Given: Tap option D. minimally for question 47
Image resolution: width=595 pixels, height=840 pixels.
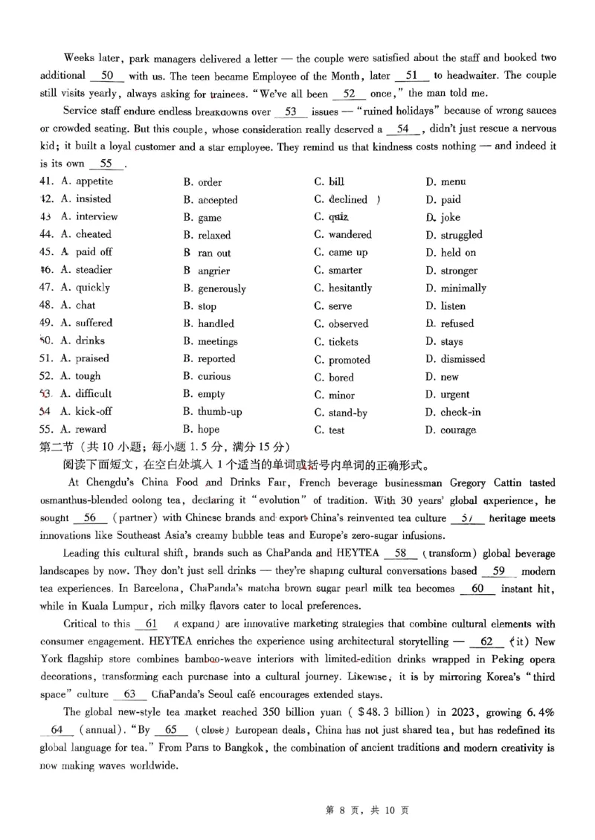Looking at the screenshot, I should tap(456, 288).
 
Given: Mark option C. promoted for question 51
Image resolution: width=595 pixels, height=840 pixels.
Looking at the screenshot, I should tap(342, 360).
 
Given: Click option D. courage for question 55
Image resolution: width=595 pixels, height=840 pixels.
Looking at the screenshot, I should tap(451, 430).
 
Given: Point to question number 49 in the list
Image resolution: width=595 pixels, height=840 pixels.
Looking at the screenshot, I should tap(46, 323).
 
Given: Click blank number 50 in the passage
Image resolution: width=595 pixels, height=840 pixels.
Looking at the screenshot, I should tap(106, 76).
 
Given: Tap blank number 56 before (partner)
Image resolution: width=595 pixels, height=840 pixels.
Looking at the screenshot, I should tap(91, 518).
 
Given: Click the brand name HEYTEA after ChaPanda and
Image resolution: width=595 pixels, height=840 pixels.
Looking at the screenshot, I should tap(356, 554).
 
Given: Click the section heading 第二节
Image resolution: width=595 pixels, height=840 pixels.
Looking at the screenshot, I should tap(57, 447).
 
